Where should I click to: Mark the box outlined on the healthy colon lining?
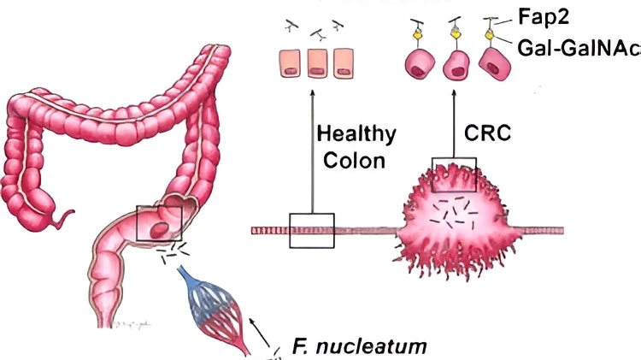click(311, 230)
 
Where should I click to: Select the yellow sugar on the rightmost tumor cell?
click(489, 35)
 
